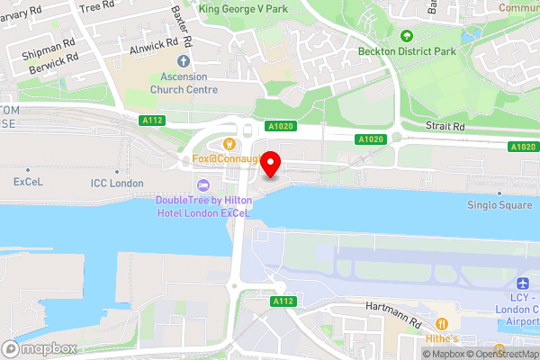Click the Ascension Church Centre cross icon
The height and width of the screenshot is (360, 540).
184,61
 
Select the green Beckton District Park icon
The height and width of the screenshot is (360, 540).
407,36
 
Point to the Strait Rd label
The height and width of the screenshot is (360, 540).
445,128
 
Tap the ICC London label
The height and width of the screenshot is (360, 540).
117,183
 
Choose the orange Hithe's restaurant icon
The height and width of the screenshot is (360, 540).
442,323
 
